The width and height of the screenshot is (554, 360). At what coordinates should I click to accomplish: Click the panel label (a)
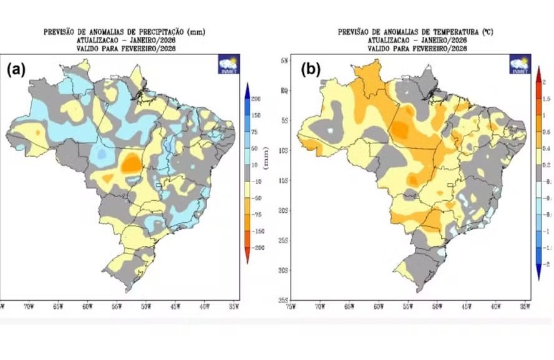16,69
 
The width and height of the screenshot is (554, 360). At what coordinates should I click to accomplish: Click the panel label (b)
311,69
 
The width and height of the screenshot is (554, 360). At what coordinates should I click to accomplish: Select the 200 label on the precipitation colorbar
256,99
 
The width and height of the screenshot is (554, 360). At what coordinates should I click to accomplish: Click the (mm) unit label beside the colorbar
266,156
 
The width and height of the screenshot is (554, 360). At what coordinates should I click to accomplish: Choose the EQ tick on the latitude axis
284,90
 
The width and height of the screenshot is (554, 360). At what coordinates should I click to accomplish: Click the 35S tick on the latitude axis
284,300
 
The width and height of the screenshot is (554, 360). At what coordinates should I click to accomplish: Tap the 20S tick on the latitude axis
284,210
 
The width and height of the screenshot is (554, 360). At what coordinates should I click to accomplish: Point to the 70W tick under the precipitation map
27,307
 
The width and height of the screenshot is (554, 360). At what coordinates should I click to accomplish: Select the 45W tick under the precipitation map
176,307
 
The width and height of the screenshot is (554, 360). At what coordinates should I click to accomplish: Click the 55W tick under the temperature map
408,307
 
